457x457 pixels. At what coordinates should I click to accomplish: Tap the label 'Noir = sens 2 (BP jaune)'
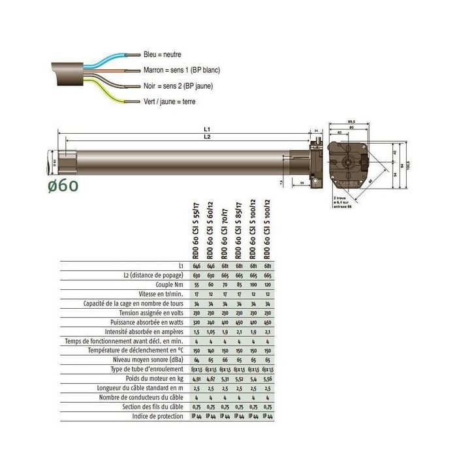(x=178, y=86)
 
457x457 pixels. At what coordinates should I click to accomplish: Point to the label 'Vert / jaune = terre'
(x=169, y=101)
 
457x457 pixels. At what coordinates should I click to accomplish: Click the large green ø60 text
(x=63, y=185)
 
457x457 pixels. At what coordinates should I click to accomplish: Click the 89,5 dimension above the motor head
(x=351, y=121)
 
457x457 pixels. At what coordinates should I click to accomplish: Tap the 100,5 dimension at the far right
(x=408, y=163)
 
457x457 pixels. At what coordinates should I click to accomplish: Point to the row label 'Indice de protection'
(x=158, y=415)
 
